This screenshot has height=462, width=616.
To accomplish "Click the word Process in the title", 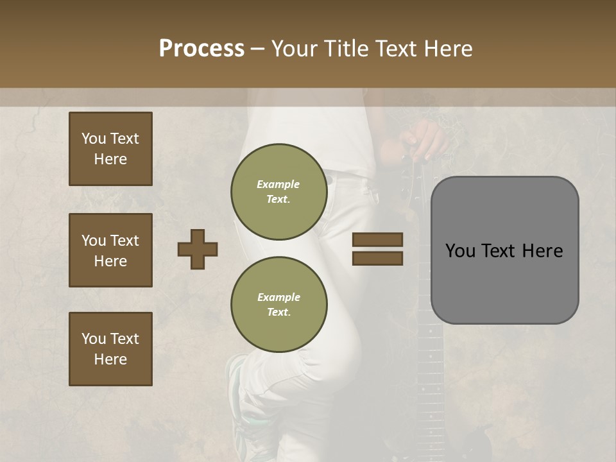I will tap(201, 48).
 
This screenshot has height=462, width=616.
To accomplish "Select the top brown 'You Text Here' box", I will tap(110, 149).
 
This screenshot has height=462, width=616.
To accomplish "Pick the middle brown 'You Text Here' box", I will tap(110, 250).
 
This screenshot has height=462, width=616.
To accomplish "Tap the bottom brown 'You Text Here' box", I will tap(110, 349).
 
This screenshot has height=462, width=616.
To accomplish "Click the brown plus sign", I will tap(198, 249).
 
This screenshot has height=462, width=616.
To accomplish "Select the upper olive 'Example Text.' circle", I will tap(279, 192).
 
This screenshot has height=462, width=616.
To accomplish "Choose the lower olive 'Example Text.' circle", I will tap(279, 305).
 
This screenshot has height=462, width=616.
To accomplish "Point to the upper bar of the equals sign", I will tap(377, 240).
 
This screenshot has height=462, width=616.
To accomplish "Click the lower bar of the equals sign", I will tap(377, 258).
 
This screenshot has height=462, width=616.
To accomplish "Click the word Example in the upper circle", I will tap(278, 184).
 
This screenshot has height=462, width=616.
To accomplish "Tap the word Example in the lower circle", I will tap(278, 297).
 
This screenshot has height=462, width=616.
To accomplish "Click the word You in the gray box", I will tap(460, 250).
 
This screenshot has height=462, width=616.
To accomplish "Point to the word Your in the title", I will tap(295, 48).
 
